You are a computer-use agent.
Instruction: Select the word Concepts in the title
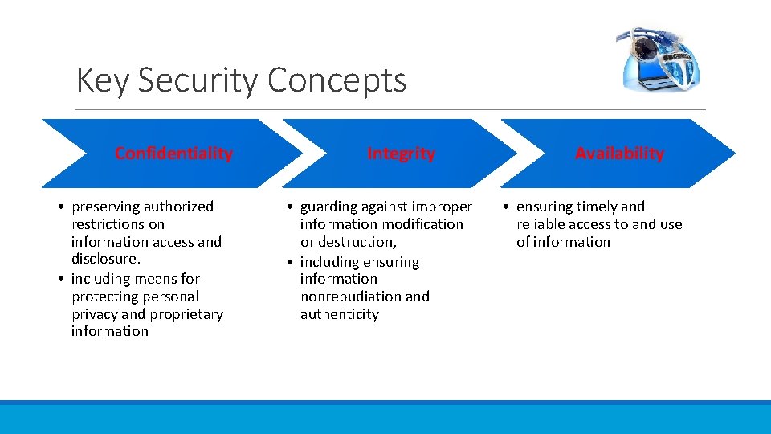point(337,80)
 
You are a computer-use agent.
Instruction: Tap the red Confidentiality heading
point(173,154)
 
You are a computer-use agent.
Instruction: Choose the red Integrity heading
point(401,154)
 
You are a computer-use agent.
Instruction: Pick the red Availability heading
point(619,154)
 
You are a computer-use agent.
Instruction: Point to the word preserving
point(106,207)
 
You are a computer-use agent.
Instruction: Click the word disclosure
point(104,259)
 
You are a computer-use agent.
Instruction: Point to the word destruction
point(357,242)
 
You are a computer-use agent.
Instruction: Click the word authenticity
point(339,314)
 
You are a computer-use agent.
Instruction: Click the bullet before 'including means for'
point(61,280)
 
